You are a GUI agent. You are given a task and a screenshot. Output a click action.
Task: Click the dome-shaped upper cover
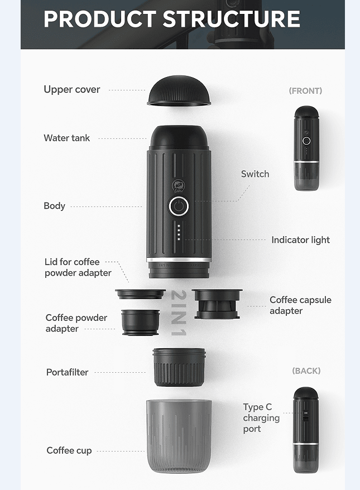click(179, 90)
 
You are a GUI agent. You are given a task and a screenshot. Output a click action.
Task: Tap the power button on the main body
click(179, 206)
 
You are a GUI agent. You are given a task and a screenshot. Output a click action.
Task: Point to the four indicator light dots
click(179, 233)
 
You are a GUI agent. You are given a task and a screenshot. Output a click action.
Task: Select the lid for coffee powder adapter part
click(140, 294)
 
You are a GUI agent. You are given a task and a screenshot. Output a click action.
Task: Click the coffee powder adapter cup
click(140, 323)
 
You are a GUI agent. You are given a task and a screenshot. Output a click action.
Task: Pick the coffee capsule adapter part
click(217, 304)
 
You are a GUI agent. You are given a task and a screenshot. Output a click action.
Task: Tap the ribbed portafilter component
click(179, 367)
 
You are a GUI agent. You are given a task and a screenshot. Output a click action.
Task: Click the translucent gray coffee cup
click(179, 436)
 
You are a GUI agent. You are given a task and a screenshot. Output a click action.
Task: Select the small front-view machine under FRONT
click(306, 148)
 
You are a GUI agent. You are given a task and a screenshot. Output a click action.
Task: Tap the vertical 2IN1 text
click(179, 313)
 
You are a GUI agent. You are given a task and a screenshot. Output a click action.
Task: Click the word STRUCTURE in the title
click(231, 19)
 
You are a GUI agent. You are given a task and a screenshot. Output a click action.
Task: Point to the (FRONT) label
click(305, 90)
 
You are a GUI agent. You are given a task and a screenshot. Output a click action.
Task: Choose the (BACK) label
click(306, 371)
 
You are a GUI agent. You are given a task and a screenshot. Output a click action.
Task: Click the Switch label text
click(255, 174)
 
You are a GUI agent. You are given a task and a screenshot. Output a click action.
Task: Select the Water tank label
click(66, 138)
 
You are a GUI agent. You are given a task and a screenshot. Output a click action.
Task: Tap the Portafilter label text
click(67, 372)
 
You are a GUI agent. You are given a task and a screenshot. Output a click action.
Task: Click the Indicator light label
click(301, 239)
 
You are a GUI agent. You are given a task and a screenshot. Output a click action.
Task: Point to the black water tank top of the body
click(179, 137)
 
